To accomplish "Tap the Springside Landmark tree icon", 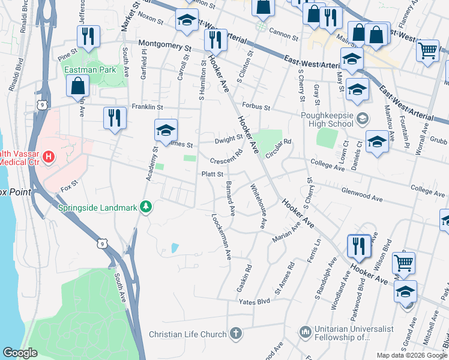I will tap(145, 208).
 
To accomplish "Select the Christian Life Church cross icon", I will tap(237, 333).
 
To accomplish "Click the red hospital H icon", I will tap(49, 157).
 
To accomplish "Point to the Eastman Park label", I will tap(89, 69).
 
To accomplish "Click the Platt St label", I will tap(212, 174).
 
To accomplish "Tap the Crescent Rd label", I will tap(226, 158).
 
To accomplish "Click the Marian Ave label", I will tap(286, 234).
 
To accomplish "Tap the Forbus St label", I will tap(257, 109).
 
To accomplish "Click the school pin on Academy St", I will tap(166, 129).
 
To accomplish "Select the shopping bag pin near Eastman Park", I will tap(79, 87).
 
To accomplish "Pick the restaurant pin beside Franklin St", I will tap(115, 116).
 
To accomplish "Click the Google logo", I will tap(20, 352).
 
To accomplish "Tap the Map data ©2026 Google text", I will tap(411, 355).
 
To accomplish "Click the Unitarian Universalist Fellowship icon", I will tap(306, 331).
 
